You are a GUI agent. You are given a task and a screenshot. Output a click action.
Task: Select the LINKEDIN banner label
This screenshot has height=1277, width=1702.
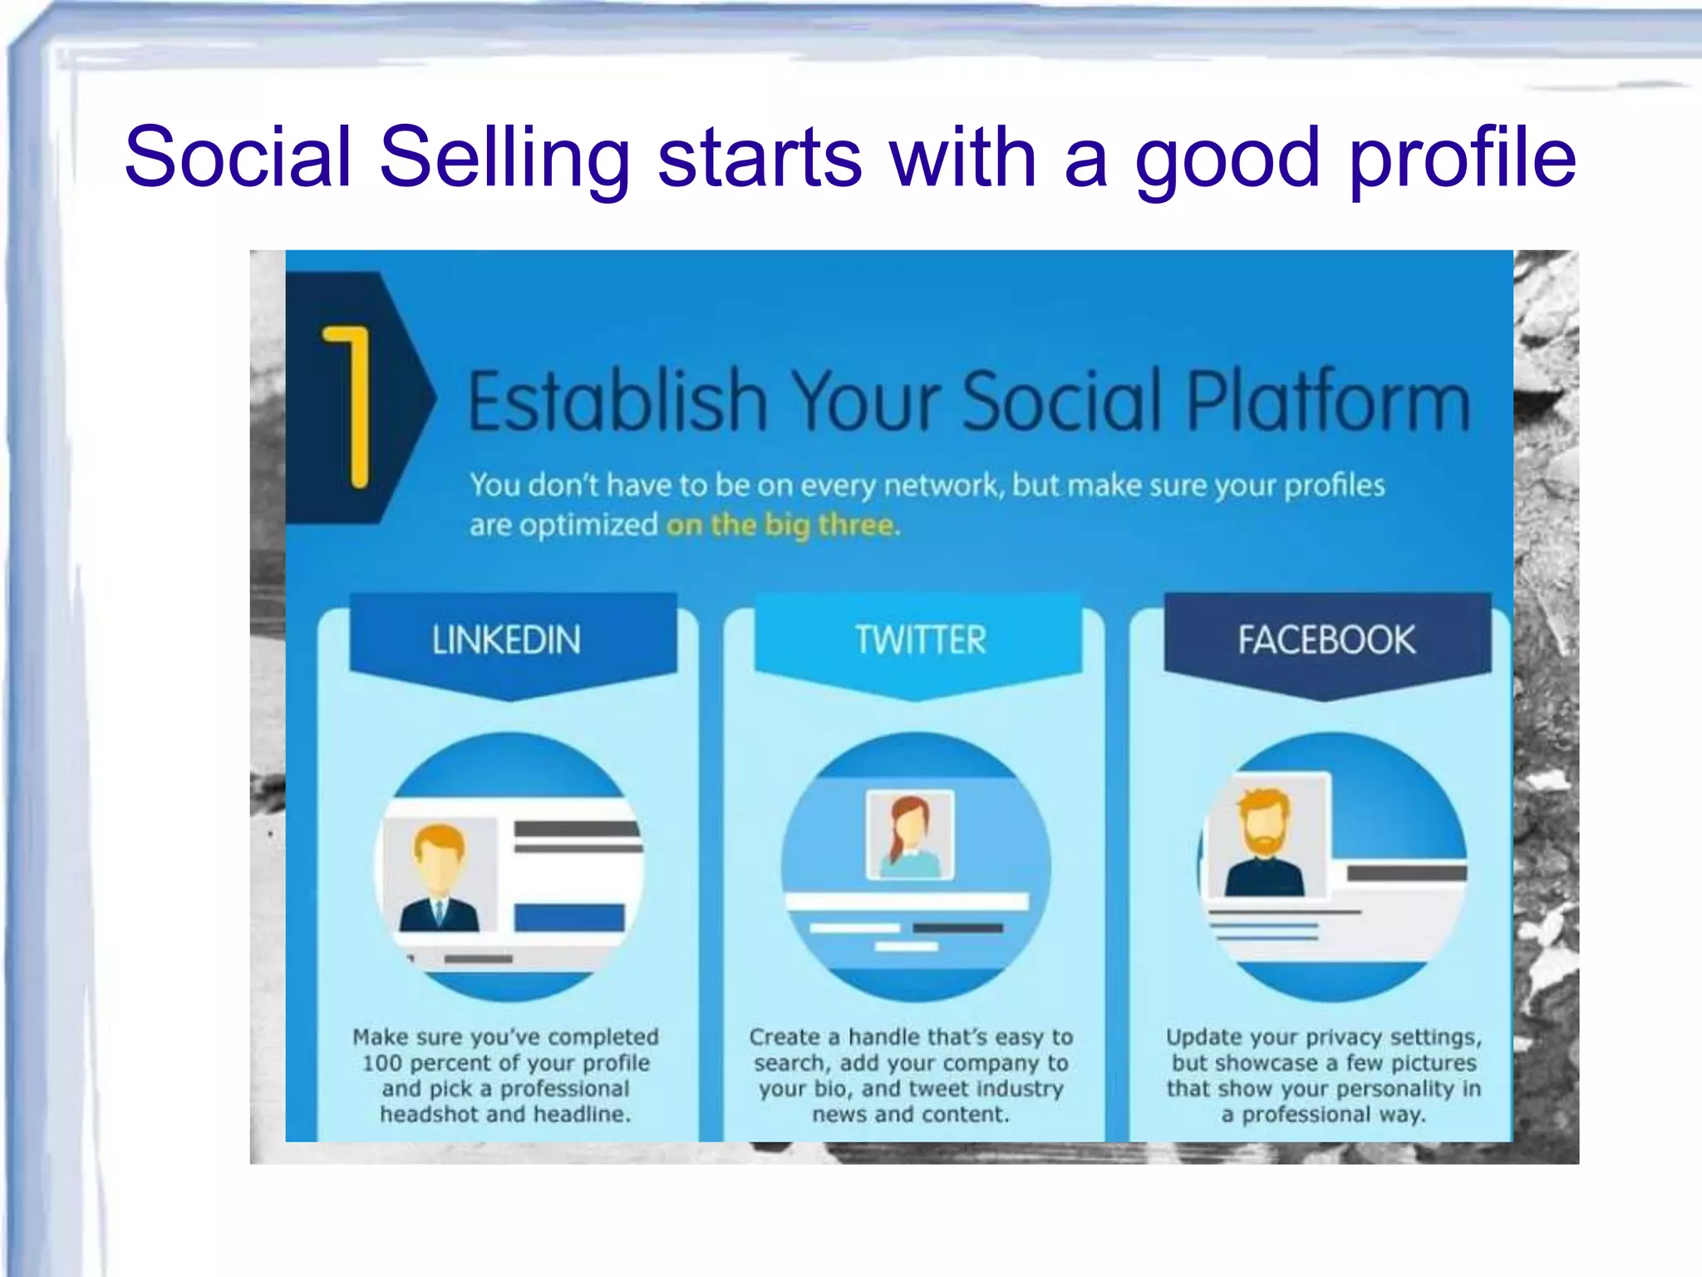506,640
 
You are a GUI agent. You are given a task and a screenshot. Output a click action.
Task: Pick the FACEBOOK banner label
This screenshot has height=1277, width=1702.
1326,640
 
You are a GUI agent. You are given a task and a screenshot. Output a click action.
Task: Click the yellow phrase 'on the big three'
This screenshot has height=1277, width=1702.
781,525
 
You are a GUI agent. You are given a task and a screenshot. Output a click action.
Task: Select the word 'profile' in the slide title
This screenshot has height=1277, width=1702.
1463,158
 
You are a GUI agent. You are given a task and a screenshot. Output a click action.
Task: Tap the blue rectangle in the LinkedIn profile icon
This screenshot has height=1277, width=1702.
569,918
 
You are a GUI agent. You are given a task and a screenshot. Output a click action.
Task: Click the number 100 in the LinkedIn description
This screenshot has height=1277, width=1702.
381,1063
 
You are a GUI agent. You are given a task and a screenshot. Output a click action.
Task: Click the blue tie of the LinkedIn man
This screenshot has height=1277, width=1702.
440,914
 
